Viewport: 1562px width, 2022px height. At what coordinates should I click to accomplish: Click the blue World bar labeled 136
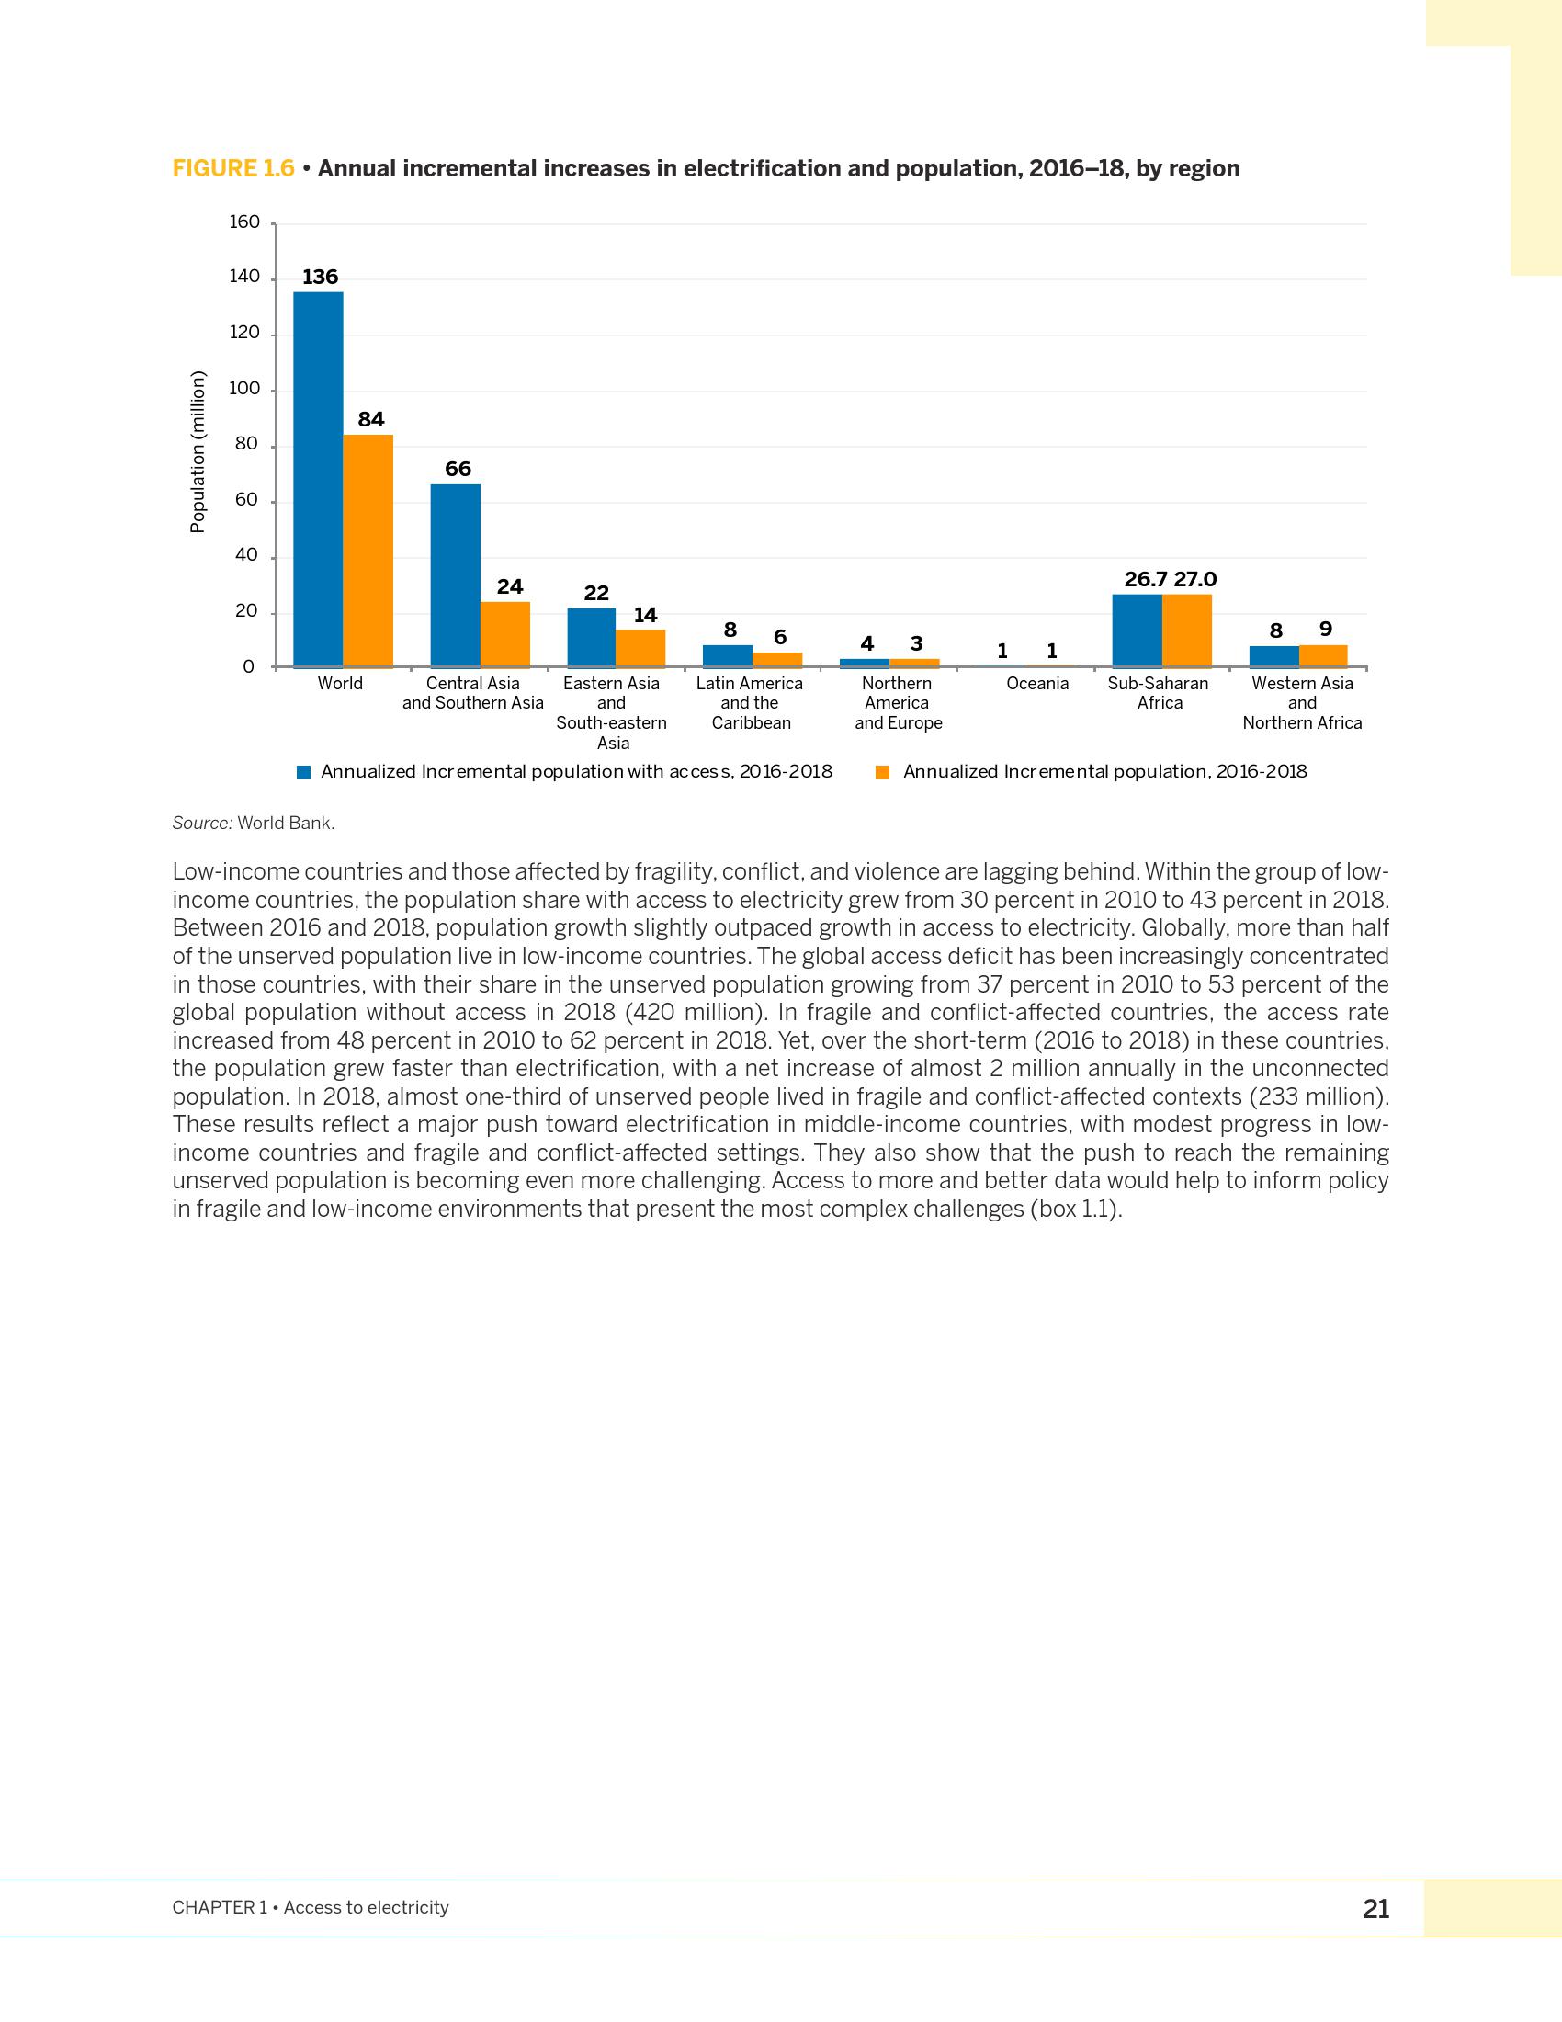pos(317,479)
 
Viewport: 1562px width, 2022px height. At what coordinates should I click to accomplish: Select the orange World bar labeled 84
pos(368,550)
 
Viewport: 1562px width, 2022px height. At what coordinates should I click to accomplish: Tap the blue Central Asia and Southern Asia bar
pos(455,575)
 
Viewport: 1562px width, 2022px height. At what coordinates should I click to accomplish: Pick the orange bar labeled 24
pos(505,634)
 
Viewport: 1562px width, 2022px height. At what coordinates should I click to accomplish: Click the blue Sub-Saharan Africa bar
pos(1137,630)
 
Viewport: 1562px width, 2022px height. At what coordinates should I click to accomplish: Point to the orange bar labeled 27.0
pos(1187,630)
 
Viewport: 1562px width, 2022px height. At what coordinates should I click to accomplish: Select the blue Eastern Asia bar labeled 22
pos(592,637)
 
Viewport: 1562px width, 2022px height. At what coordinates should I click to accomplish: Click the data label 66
pos(458,470)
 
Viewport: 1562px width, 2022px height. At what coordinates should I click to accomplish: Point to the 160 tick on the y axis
pos(244,222)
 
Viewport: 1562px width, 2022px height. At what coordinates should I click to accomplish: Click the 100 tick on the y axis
pos(244,389)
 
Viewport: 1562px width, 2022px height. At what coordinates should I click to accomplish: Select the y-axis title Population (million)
pos(197,452)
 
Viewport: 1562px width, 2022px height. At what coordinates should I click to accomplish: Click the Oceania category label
pos(1037,683)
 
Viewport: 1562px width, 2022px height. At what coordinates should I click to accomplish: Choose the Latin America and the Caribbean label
pos(750,703)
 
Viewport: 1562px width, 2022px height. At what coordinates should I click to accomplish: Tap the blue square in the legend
pos(303,772)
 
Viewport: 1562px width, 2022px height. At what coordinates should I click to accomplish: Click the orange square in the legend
pos(883,772)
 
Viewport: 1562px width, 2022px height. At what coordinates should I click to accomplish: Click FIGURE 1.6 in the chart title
pos(233,168)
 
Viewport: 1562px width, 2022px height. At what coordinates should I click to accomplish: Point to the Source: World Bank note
pos(254,824)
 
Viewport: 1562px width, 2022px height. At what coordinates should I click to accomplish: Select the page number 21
pos(1375,1909)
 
